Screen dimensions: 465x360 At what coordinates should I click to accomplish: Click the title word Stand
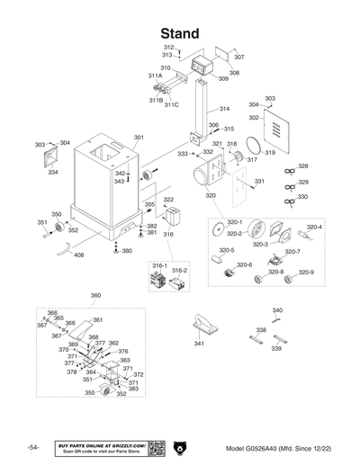click(x=179, y=32)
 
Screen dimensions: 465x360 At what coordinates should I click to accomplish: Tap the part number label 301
click(x=139, y=138)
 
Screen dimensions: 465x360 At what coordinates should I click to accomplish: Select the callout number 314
click(x=224, y=108)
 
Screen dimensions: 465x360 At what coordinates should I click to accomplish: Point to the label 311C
click(x=171, y=104)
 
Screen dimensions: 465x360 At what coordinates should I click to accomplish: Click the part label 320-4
click(x=314, y=227)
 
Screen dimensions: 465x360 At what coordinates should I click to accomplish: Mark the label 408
click(x=79, y=255)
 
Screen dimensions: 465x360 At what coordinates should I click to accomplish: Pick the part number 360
click(x=96, y=294)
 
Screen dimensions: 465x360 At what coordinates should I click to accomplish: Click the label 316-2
click(x=179, y=269)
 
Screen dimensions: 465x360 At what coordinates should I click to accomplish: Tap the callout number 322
click(x=168, y=200)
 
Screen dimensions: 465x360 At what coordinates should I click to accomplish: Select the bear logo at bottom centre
click(x=179, y=448)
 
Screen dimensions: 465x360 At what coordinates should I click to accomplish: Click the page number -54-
click(x=32, y=448)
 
